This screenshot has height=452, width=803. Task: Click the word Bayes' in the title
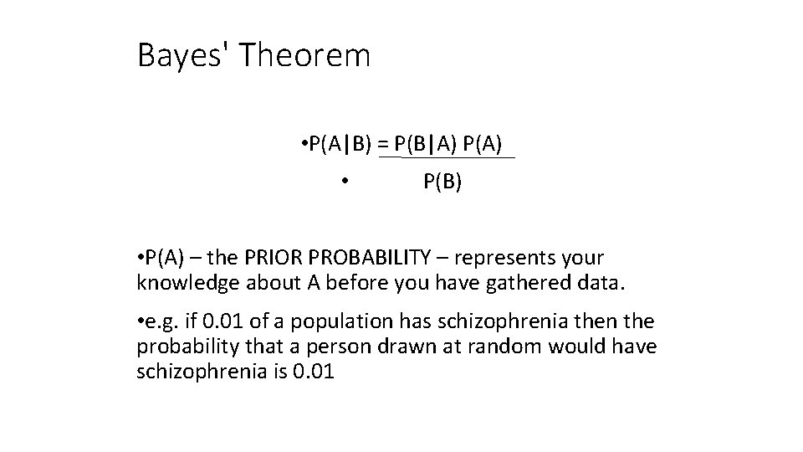click(x=185, y=56)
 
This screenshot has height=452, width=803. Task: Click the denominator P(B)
click(x=442, y=182)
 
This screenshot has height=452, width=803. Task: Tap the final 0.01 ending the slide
click(x=315, y=371)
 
